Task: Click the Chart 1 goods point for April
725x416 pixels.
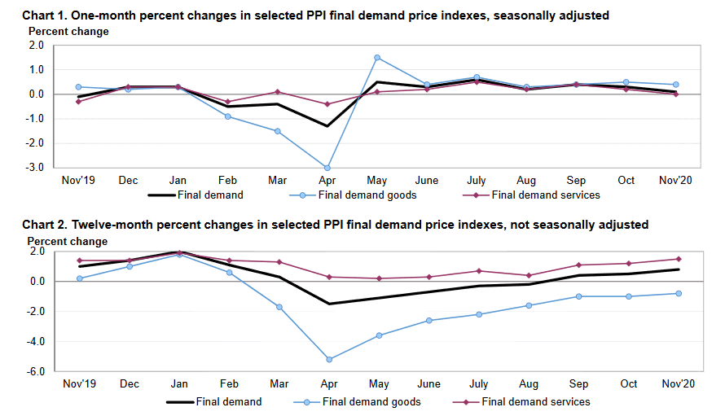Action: click(x=327, y=168)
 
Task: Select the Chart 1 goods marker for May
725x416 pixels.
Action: click(x=377, y=58)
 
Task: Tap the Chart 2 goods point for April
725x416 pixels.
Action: click(x=328, y=359)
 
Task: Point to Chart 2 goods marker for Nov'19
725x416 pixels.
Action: click(x=80, y=278)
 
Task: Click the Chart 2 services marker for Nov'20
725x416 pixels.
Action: click(x=676, y=259)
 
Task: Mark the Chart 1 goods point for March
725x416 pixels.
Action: click(x=278, y=131)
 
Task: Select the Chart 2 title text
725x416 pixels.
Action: click(x=335, y=225)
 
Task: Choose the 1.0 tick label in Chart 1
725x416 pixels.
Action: click(x=36, y=70)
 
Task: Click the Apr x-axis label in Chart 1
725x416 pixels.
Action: click(x=327, y=181)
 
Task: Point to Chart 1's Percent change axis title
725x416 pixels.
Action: click(x=68, y=32)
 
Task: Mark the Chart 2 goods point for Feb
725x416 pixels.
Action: click(x=229, y=272)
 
